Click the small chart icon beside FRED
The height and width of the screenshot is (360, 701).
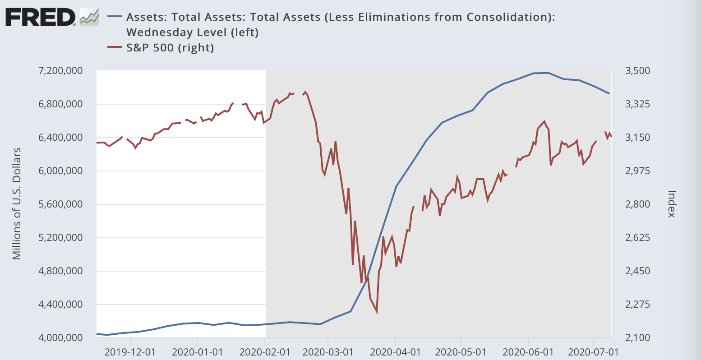pyautogui.click(x=89, y=17)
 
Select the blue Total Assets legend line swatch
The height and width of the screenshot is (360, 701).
pyautogui.click(x=115, y=17)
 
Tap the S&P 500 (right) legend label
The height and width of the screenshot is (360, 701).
pyautogui.click(x=170, y=47)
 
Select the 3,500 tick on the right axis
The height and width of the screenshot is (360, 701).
pyautogui.click(x=636, y=71)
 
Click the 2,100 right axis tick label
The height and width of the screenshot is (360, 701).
pyautogui.click(x=636, y=338)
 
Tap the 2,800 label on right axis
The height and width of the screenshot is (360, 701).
pyautogui.click(x=636, y=204)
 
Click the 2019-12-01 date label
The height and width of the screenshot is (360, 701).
pyautogui.click(x=130, y=351)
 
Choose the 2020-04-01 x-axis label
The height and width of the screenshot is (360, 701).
pyautogui.click(x=395, y=351)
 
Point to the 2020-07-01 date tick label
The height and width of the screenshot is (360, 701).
pyautogui.click(x=593, y=351)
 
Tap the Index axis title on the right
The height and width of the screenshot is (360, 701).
pyautogui.click(x=671, y=204)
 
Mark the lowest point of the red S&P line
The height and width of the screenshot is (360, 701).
pyautogui.click(x=376, y=312)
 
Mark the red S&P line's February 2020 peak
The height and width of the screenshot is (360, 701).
pyautogui.click(x=305, y=92)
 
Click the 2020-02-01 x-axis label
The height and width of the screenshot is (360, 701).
pyautogui.click(x=264, y=351)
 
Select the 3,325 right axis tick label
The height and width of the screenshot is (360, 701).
pyautogui.click(x=636, y=104)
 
